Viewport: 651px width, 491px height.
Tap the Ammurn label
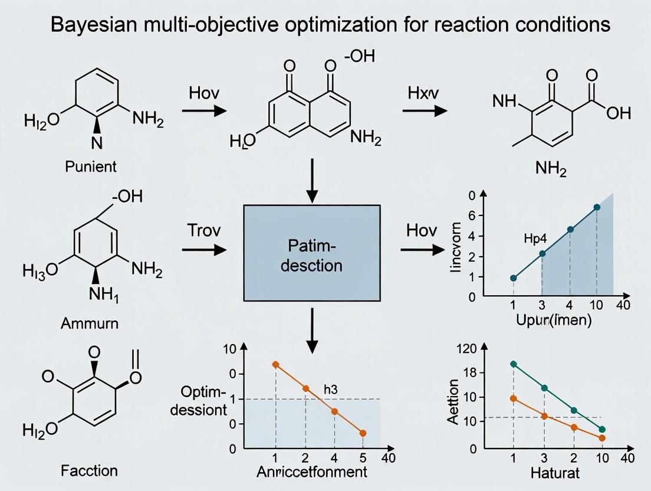click(x=90, y=323)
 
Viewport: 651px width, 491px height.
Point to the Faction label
click(x=90, y=470)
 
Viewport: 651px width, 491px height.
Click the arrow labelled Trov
click(x=204, y=250)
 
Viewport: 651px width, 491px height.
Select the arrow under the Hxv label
click(x=425, y=110)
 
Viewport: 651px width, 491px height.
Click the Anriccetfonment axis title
click(x=312, y=472)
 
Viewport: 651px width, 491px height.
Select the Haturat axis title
click(x=554, y=472)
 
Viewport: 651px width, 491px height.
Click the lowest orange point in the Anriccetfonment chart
click(x=363, y=433)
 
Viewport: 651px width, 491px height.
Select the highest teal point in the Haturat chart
click(x=514, y=364)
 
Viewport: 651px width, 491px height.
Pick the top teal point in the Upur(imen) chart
click(x=597, y=207)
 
